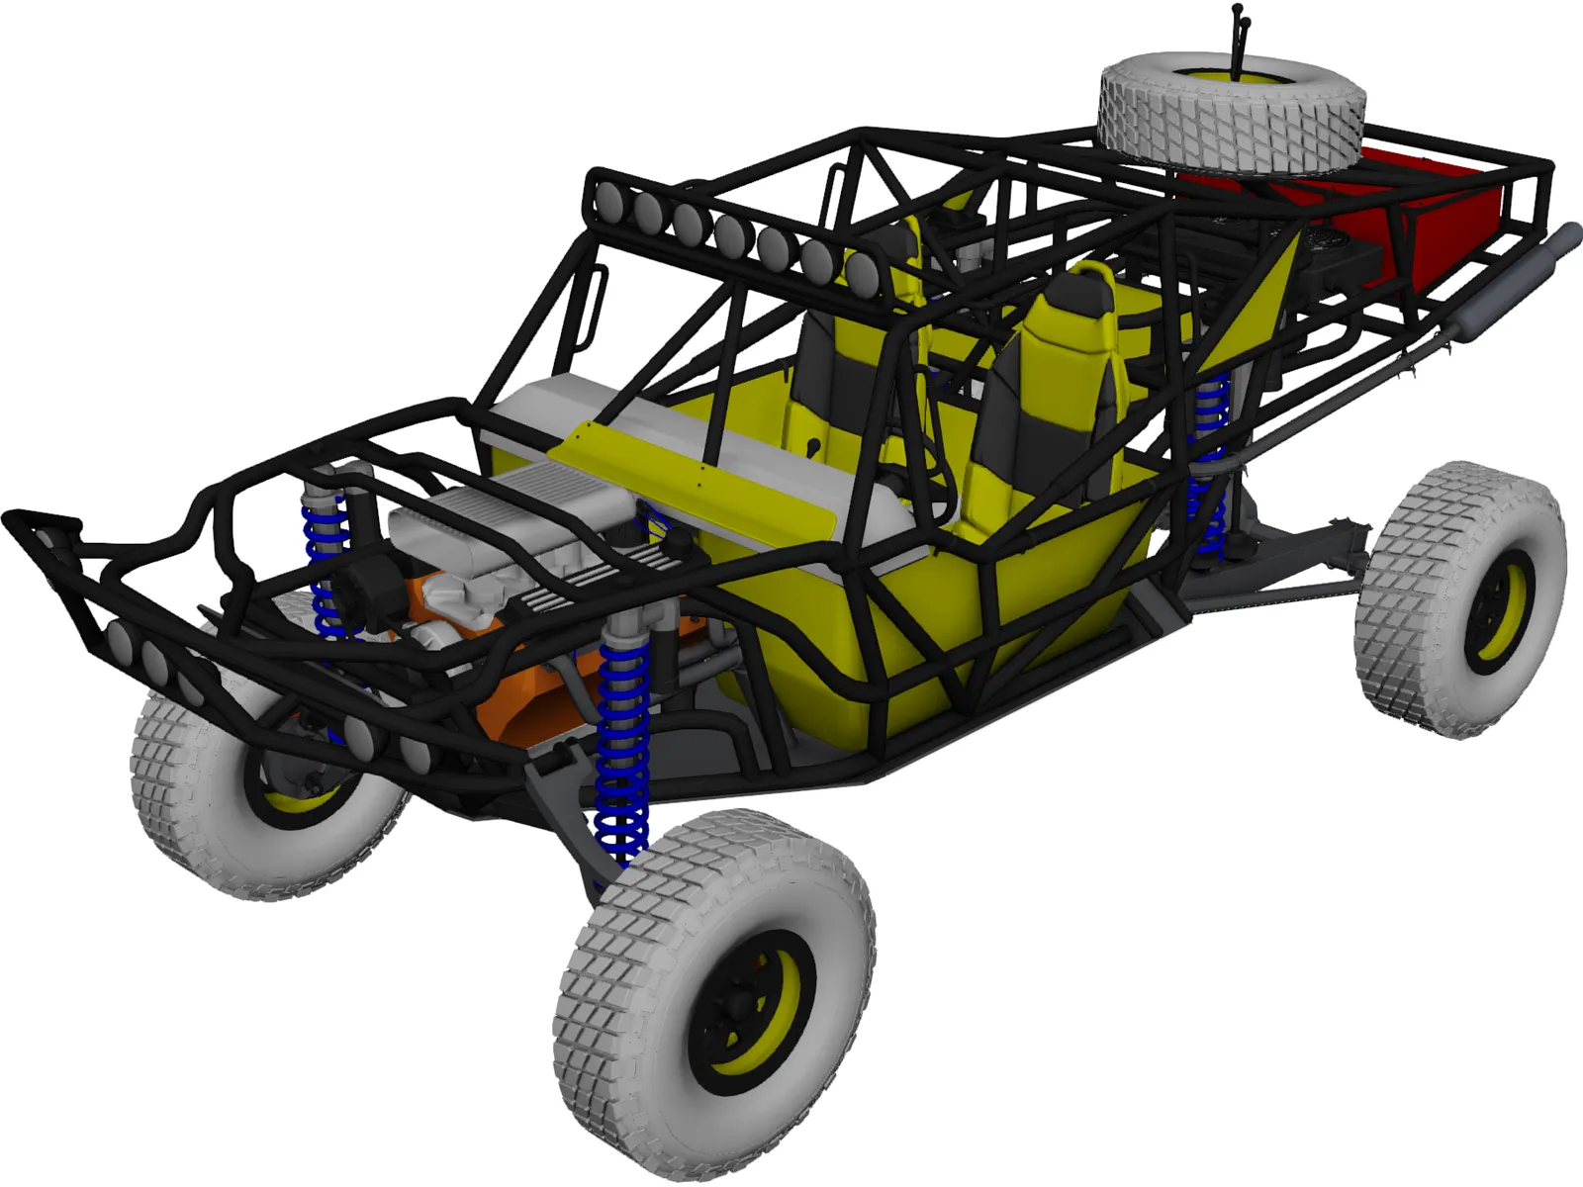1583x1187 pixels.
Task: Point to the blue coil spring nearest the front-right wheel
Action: click(622, 752)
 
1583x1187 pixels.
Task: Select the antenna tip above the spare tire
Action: click(1237, 10)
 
